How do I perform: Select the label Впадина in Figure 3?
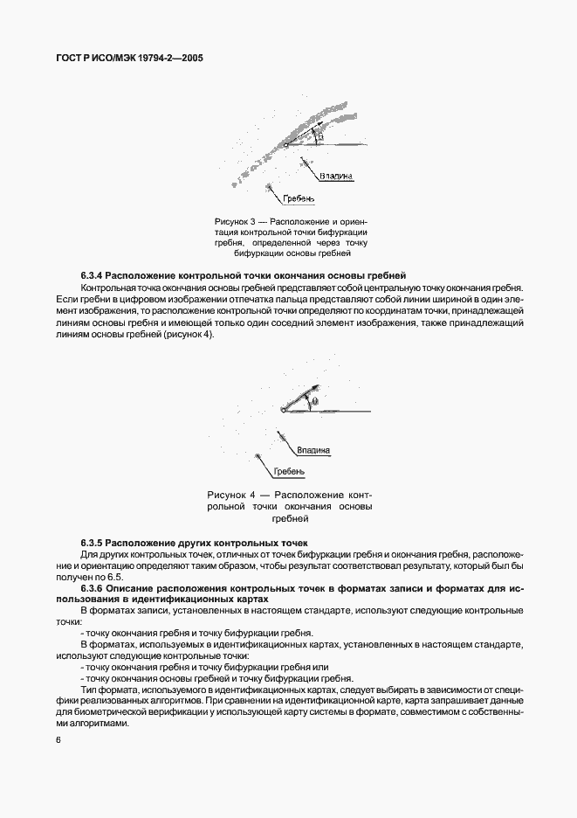(x=336, y=176)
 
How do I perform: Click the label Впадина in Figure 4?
(x=313, y=451)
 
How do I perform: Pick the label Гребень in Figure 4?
(x=289, y=472)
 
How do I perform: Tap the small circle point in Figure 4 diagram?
(x=283, y=409)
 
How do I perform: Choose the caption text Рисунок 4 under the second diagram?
(x=231, y=494)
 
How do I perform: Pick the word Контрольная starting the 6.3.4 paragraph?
(x=107, y=288)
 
